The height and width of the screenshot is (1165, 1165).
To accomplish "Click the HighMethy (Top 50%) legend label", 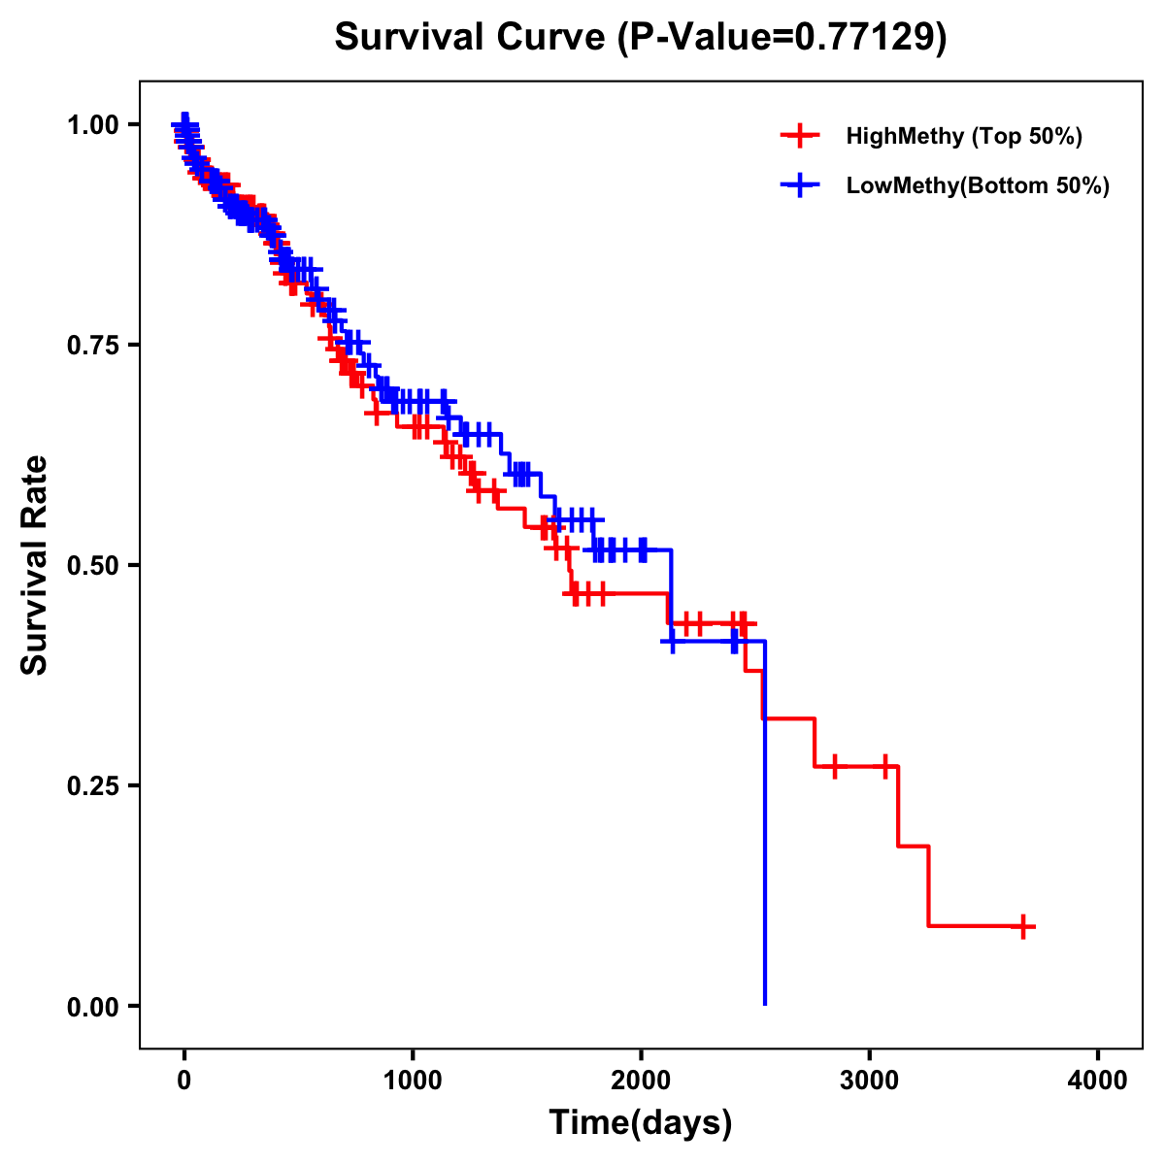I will click(x=964, y=136).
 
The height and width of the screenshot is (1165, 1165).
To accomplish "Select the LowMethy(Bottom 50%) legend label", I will click(x=978, y=185).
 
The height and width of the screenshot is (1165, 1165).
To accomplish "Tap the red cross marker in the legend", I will click(x=799, y=136).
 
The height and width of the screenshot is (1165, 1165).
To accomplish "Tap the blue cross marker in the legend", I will click(x=799, y=185).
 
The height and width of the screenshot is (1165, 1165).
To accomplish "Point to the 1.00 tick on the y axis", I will click(x=92, y=125).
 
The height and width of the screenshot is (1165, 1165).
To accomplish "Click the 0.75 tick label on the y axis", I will click(x=92, y=346).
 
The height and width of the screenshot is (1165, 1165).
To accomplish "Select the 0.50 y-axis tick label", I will click(x=92, y=566).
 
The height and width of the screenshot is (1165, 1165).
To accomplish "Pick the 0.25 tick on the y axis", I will click(x=92, y=786).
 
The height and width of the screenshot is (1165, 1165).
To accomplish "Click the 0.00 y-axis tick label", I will click(x=92, y=1007).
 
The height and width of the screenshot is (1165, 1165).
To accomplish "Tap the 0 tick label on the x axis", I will click(x=184, y=1081).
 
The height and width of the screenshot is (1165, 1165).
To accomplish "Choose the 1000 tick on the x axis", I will click(x=413, y=1081).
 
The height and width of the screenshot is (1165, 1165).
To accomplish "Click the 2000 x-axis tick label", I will click(x=641, y=1081).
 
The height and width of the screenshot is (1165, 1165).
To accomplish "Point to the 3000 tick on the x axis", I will click(x=870, y=1081).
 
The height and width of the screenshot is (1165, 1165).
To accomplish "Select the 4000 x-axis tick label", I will click(x=1098, y=1081).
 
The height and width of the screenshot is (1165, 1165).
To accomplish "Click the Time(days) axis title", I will click(x=641, y=1123).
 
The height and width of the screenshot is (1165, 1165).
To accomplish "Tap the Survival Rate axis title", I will click(x=35, y=565).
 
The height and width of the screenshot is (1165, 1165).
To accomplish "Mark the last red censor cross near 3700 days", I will click(x=1022, y=926).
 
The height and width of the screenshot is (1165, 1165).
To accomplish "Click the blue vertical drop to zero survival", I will click(x=765, y=825).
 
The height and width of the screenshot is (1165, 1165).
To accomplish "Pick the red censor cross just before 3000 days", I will click(x=833, y=767).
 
